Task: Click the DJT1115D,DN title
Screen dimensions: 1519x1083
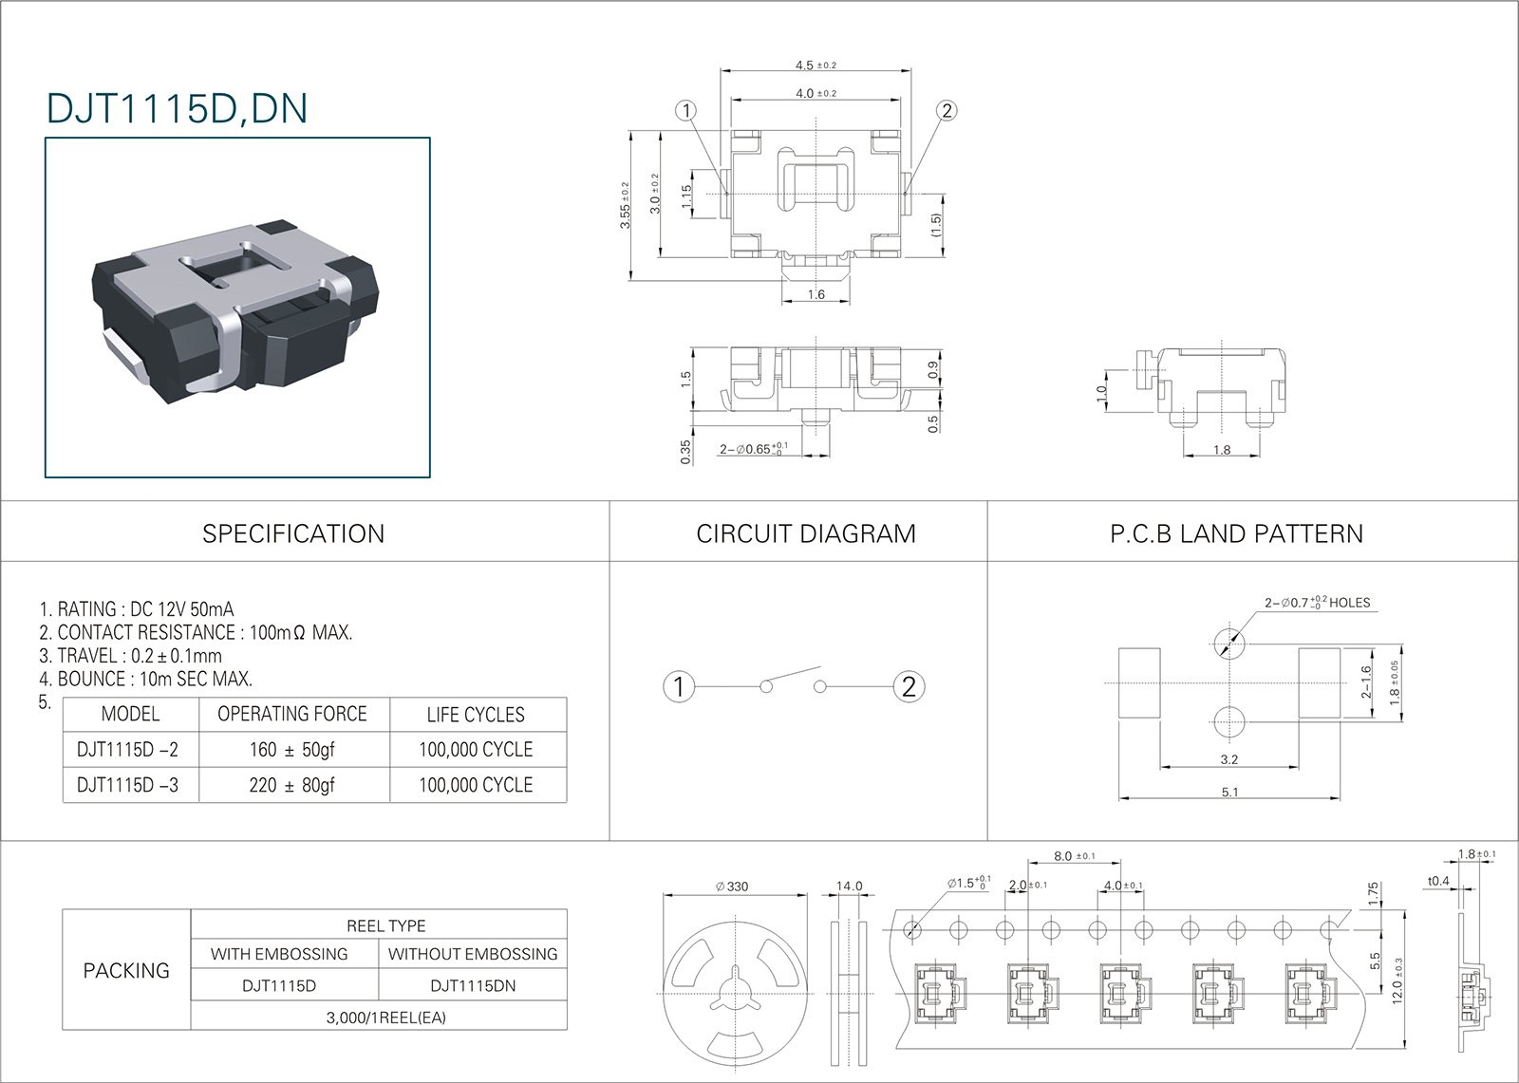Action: tap(177, 108)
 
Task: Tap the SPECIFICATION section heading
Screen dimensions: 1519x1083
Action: tap(293, 533)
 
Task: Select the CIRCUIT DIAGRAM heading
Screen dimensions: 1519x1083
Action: tap(806, 533)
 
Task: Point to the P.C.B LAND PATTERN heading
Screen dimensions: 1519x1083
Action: tap(1236, 533)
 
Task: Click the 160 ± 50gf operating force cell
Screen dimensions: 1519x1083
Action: tap(292, 749)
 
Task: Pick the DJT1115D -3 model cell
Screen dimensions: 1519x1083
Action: tap(127, 785)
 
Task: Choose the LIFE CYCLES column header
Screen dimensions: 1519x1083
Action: tap(476, 714)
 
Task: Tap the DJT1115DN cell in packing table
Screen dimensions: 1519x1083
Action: tap(473, 985)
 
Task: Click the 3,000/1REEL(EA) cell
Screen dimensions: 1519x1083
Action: tap(385, 1018)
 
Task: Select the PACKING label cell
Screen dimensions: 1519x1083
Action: tap(126, 970)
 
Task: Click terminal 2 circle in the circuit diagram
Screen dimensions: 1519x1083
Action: tap(909, 687)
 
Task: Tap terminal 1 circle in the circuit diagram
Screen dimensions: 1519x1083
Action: tap(679, 687)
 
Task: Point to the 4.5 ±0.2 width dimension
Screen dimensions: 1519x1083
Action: tap(816, 65)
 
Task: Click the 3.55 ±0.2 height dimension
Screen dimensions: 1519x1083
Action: tap(626, 205)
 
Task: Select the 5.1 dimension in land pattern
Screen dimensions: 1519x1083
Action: tap(1229, 792)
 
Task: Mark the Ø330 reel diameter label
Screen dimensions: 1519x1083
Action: tap(732, 887)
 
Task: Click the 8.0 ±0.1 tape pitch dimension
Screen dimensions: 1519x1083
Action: tap(1074, 856)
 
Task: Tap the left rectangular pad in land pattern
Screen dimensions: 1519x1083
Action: tap(1139, 682)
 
